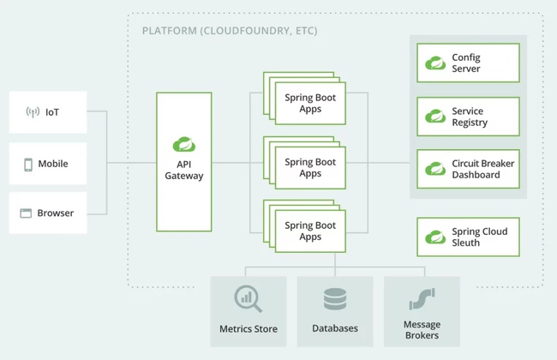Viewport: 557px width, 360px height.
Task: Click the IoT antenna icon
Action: coord(33,112)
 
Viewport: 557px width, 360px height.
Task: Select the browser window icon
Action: coord(26,213)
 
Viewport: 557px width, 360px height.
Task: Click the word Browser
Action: coord(56,213)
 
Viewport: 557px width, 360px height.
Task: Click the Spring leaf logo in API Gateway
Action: coord(183,143)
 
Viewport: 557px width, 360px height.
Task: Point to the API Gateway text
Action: coord(183,170)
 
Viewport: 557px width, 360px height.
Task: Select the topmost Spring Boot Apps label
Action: coord(310,104)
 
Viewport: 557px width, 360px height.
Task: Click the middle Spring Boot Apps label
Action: coord(310,168)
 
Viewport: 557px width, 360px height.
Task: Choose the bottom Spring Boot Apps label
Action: coord(310,231)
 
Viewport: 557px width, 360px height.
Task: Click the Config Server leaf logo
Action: coord(435,63)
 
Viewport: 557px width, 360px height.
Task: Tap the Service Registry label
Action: coord(470,117)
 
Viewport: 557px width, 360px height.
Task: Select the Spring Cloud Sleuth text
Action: coord(479,237)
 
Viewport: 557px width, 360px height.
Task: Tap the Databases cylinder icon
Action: coord(335,299)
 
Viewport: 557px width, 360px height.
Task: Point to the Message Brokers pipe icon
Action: coord(422,298)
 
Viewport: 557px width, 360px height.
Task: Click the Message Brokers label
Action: coord(422,330)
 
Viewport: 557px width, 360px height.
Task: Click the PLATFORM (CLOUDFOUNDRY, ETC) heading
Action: coord(229,32)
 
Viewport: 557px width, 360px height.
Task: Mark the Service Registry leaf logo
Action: coord(435,117)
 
